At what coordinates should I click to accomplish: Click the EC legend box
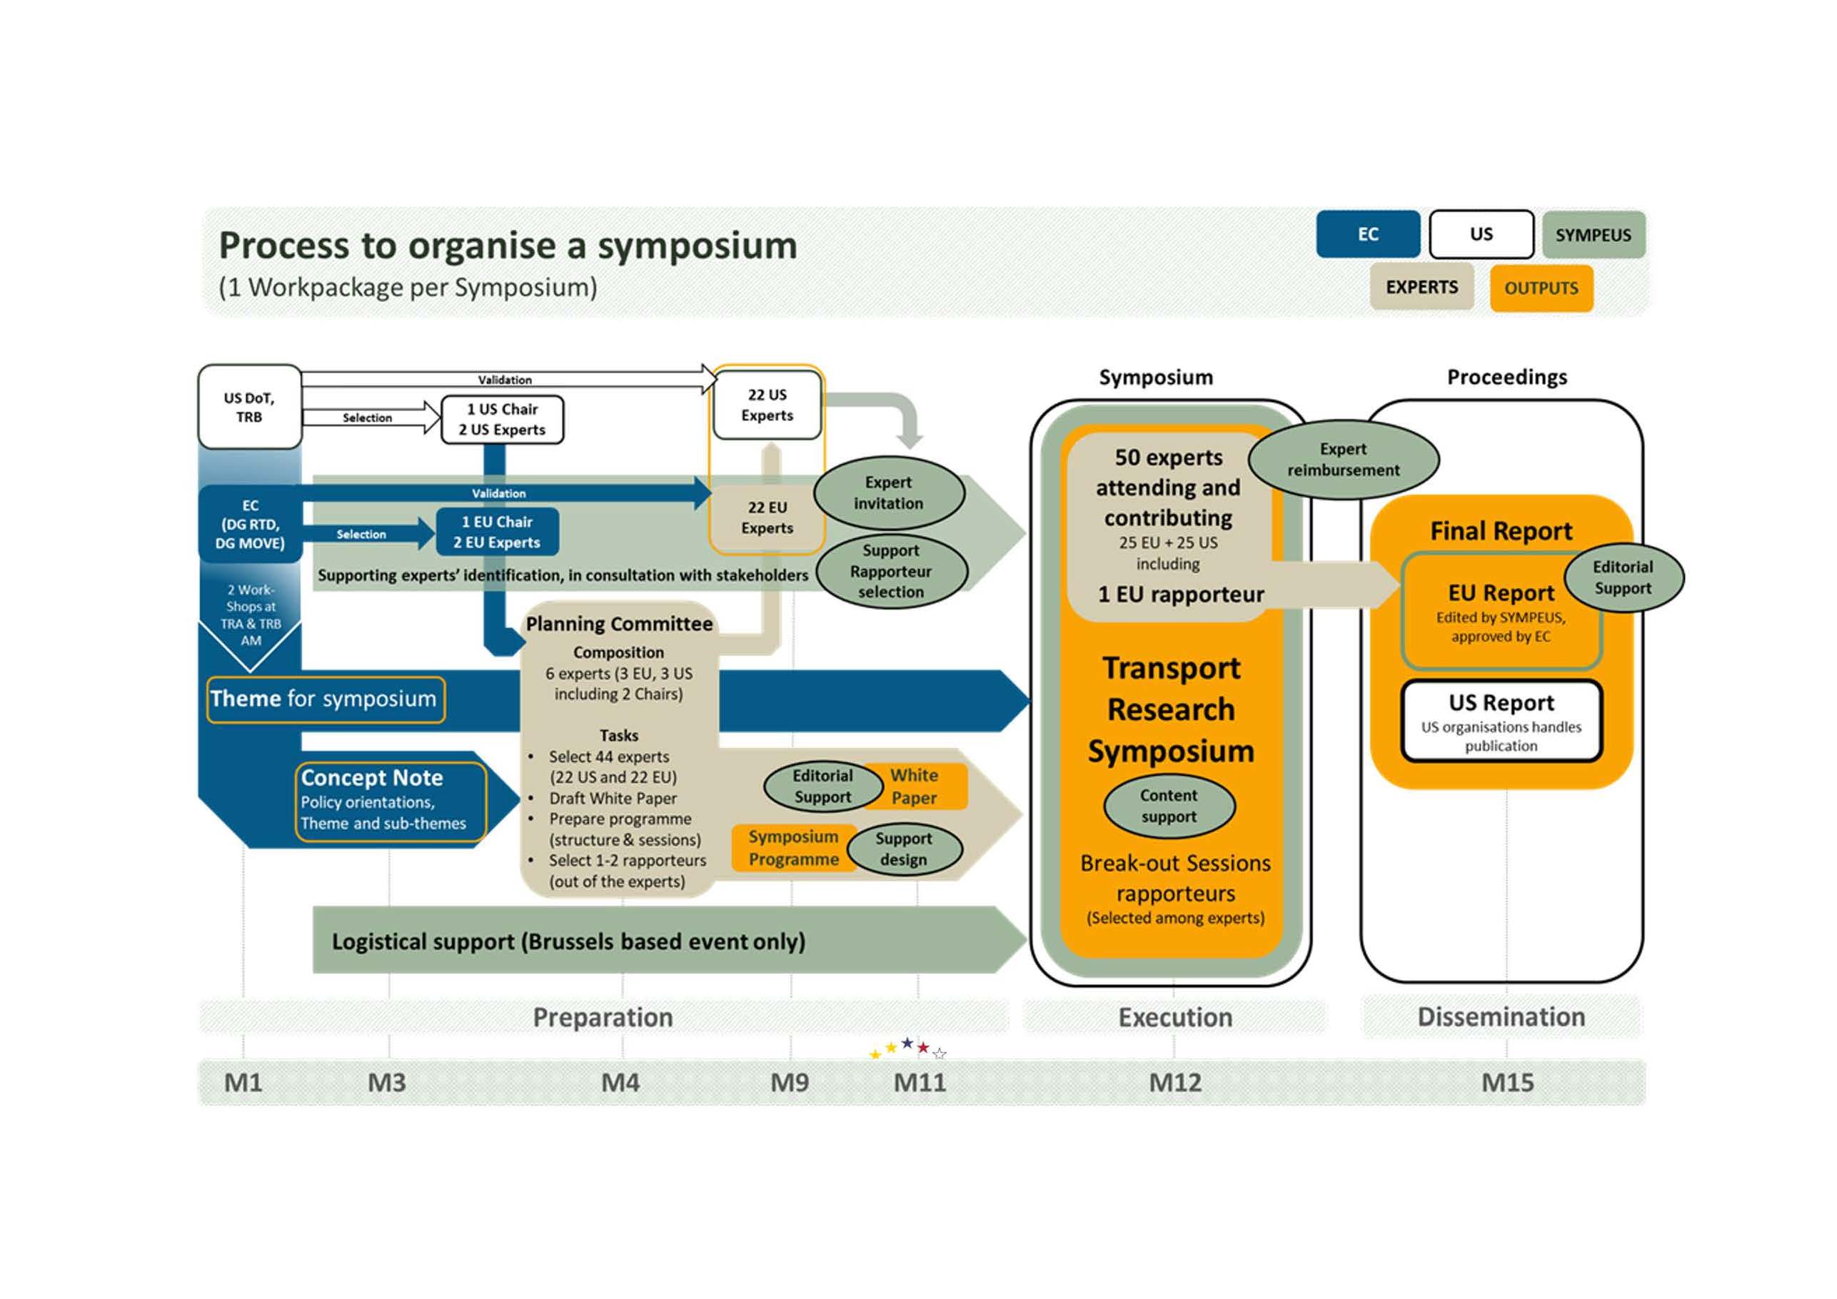click(1367, 234)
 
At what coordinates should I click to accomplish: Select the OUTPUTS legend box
click(1541, 288)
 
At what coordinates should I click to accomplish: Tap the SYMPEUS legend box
click(1593, 235)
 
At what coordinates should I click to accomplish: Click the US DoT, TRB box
click(250, 407)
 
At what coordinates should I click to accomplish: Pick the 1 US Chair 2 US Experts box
click(503, 419)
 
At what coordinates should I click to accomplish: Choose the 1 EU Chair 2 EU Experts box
click(497, 532)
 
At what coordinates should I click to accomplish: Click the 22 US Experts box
click(767, 405)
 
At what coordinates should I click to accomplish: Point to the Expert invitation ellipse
click(888, 492)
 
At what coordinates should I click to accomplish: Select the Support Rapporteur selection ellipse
click(890, 571)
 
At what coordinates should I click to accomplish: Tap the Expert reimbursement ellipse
click(1344, 460)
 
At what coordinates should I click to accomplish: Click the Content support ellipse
click(1169, 807)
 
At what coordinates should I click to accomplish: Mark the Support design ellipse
click(904, 849)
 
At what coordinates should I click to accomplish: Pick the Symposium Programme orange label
click(793, 848)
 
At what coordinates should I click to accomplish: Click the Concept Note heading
click(372, 777)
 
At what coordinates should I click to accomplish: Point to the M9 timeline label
click(790, 1083)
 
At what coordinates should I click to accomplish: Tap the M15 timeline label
click(1507, 1083)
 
